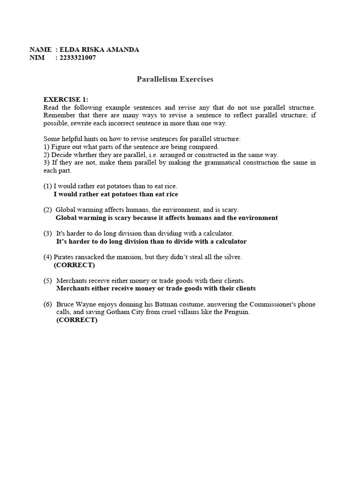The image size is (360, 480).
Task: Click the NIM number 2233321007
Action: coord(78,58)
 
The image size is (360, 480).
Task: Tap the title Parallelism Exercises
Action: coord(175,79)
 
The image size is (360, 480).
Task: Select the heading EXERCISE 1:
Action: coord(66,99)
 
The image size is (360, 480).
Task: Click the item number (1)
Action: coord(48,186)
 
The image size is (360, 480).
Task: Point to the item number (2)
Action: coord(48,210)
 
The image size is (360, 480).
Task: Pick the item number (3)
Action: coord(48,233)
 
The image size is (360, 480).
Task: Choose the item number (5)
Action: coord(48,281)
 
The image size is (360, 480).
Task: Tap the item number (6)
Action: coord(48,304)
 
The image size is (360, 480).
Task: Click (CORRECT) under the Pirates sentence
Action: coord(74,265)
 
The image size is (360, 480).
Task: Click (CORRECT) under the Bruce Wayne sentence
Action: coord(77,320)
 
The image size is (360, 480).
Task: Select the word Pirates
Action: coord(64,257)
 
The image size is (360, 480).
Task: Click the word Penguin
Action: coord(237,312)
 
